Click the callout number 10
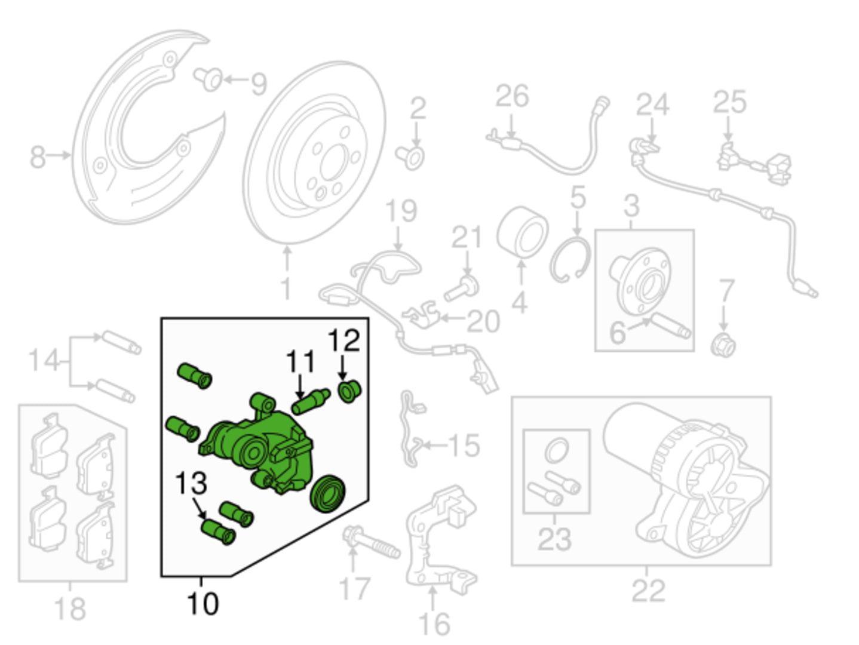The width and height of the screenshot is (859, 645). coord(203,604)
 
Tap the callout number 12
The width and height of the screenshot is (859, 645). coord(343,340)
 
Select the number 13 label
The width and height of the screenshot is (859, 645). coord(191,483)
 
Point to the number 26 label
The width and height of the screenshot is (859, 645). coord(513,96)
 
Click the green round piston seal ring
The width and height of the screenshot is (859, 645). coord(328,494)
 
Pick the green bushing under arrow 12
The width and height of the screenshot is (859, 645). coord(349,391)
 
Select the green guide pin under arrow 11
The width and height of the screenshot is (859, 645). coord(311,401)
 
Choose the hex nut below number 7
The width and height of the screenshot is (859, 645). coord(723,345)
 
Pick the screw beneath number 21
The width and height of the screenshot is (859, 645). coord(462,288)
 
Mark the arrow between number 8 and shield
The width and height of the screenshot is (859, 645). coord(58,156)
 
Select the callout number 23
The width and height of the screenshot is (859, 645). coord(554,539)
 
